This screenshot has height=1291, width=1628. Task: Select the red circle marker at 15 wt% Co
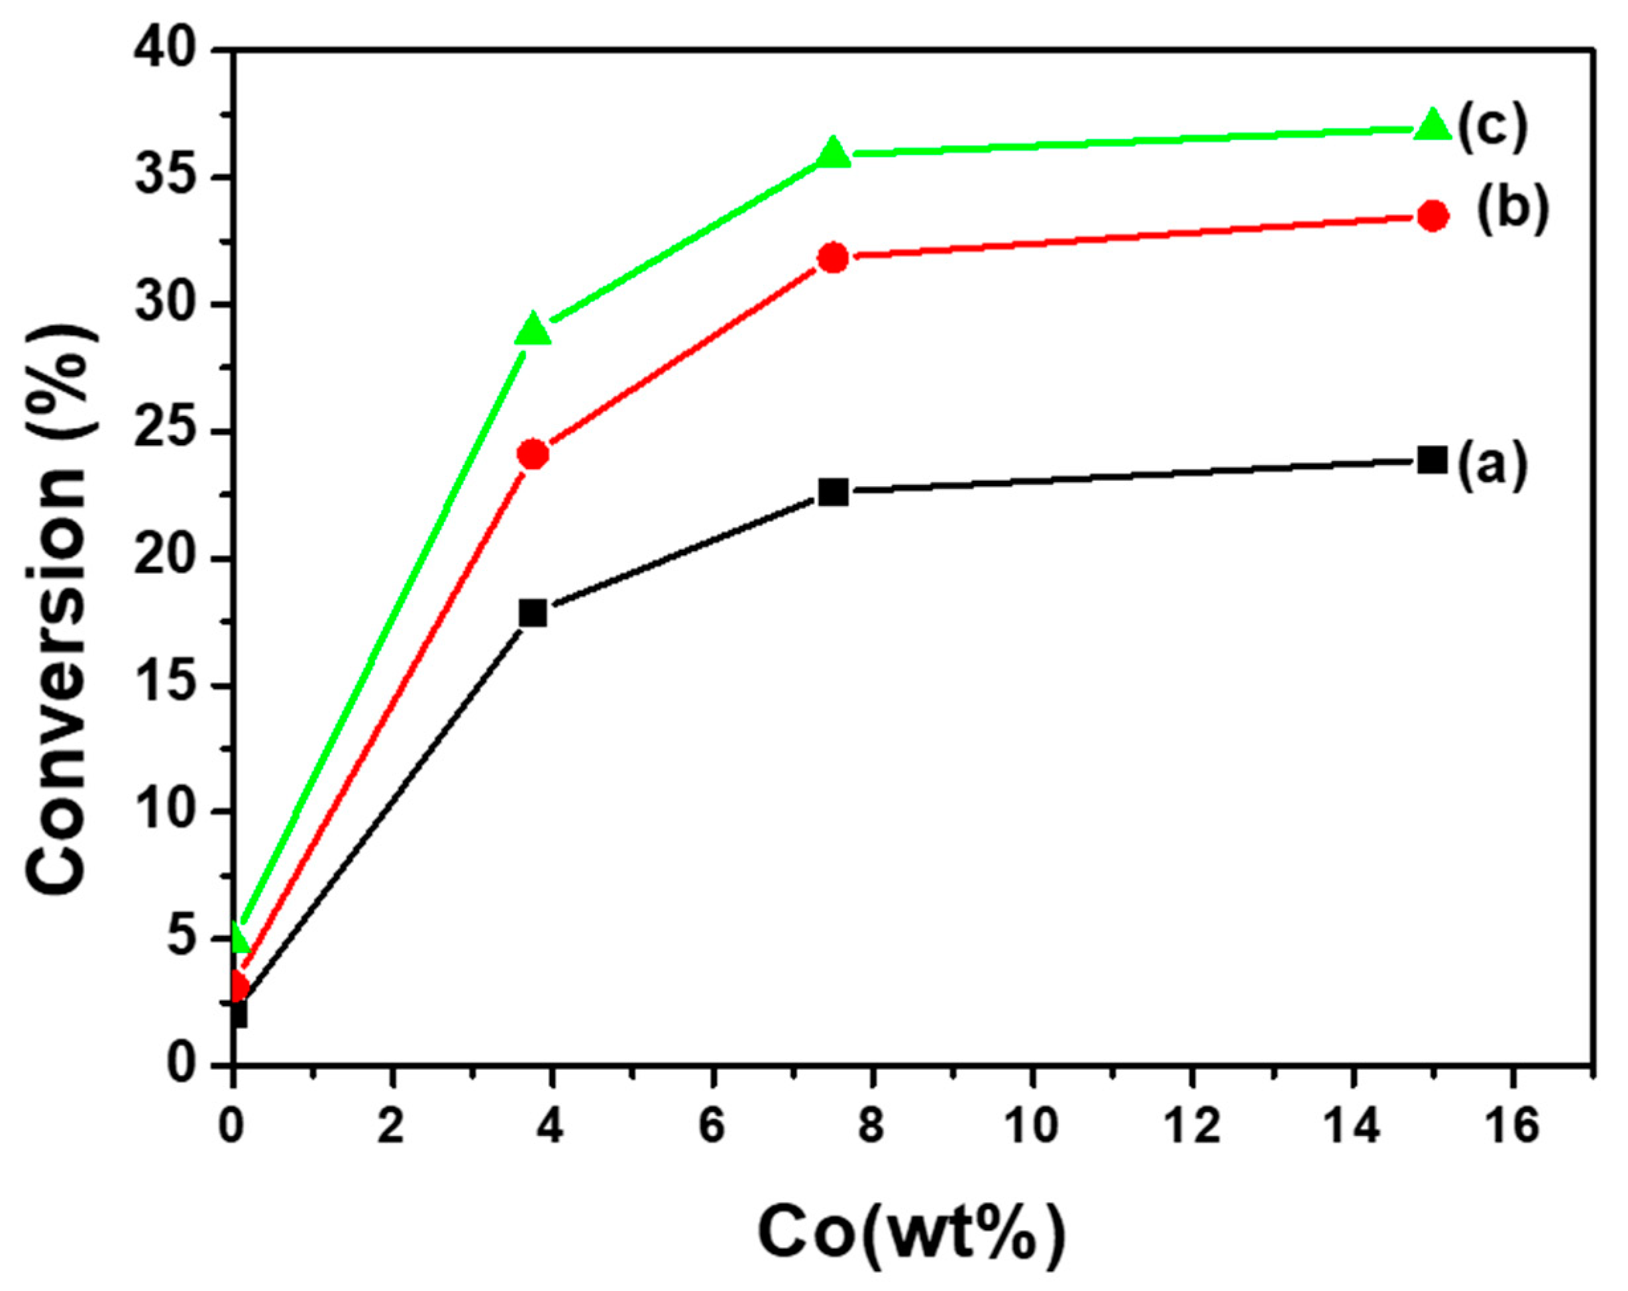click(1433, 216)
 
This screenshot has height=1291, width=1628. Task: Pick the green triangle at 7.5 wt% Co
click(834, 152)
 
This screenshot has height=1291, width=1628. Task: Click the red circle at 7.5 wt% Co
click(834, 258)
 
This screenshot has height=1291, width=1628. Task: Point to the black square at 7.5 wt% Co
click(834, 492)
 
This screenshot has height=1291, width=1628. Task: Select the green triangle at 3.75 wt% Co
click(534, 329)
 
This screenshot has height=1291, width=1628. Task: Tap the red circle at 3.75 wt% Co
click(534, 454)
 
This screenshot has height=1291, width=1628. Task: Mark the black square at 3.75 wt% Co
click(534, 613)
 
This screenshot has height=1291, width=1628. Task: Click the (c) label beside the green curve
click(1492, 129)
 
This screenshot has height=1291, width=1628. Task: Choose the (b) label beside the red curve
click(1513, 211)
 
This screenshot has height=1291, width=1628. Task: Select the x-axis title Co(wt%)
click(912, 1235)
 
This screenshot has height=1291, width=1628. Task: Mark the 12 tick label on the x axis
click(1193, 1128)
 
